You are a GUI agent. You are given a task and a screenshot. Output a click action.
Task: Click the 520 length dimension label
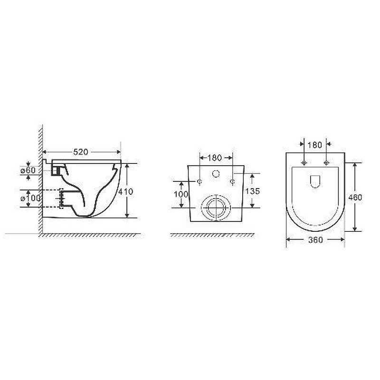tap(82, 152)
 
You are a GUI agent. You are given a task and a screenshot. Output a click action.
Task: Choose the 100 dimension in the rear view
tap(181, 194)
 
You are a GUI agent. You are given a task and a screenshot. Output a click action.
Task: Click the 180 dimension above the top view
tap(314, 144)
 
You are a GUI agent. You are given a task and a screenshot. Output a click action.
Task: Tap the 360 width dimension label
tap(315, 240)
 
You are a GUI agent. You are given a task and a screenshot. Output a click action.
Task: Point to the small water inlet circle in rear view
tap(217, 173)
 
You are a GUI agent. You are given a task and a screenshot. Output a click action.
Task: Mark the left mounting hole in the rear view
tap(199, 181)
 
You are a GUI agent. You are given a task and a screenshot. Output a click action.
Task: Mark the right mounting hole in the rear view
tap(233, 181)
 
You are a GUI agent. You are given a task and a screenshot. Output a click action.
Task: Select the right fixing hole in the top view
tap(326, 163)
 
